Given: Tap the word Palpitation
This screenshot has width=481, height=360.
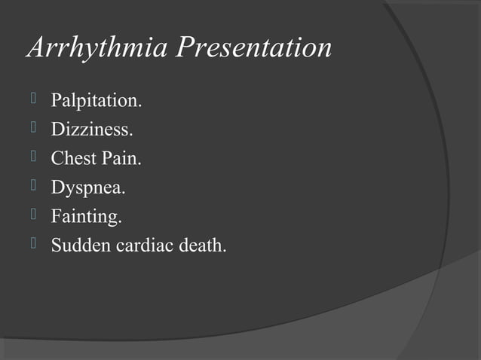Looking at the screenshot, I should click(95, 100).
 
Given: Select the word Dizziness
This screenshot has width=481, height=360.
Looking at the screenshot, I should click(91, 130).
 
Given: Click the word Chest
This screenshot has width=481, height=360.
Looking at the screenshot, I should click(74, 159).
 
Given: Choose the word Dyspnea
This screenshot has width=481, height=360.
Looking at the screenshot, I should click(87, 188).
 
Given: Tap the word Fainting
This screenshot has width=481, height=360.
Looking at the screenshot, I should click(85, 218).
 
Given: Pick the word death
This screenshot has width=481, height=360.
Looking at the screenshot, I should click(202, 246).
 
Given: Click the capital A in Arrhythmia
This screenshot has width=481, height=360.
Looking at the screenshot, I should click(35, 48).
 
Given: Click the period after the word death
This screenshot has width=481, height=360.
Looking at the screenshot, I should click(224, 251).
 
